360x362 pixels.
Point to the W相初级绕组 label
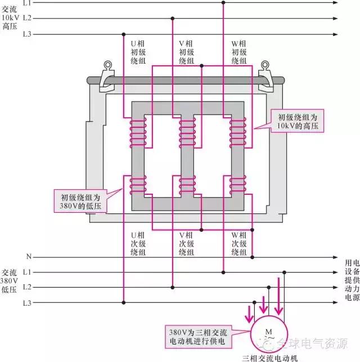pos(238,52)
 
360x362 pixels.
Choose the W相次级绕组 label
pos(238,243)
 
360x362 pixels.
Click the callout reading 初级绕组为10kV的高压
pos(298,122)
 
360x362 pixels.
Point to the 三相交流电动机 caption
pos(268,357)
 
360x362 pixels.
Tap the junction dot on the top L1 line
pos(223,3)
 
